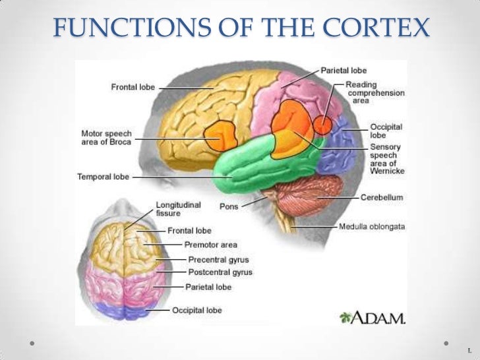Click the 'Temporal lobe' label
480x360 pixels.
tap(103, 177)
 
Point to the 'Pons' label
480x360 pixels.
tap(229, 206)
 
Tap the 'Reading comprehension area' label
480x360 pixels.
tap(376, 93)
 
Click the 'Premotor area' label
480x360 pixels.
tap(210, 245)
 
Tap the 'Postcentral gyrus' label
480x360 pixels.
tap(220, 272)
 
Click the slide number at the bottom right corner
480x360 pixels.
tap(469, 349)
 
